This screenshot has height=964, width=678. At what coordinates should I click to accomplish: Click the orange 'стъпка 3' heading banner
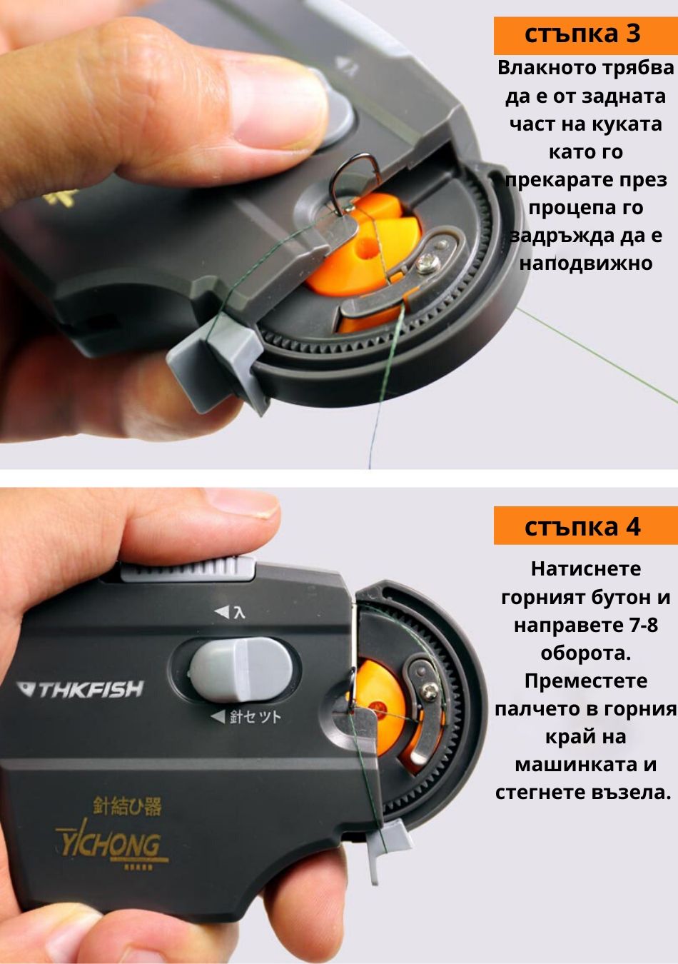click(x=585, y=36)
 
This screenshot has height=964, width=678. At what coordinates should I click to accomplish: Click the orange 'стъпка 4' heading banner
click(x=585, y=526)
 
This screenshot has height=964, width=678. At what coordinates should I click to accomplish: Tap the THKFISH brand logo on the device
click(x=80, y=689)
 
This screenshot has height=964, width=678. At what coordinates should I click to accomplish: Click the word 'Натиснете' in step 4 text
click(x=585, y=569)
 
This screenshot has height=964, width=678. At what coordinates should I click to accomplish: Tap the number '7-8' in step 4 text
click(x=638, y=625)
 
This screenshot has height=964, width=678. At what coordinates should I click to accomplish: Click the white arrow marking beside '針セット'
click(x=218, y=716)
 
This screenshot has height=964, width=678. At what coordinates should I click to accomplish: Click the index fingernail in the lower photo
click(x=242, y=506)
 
